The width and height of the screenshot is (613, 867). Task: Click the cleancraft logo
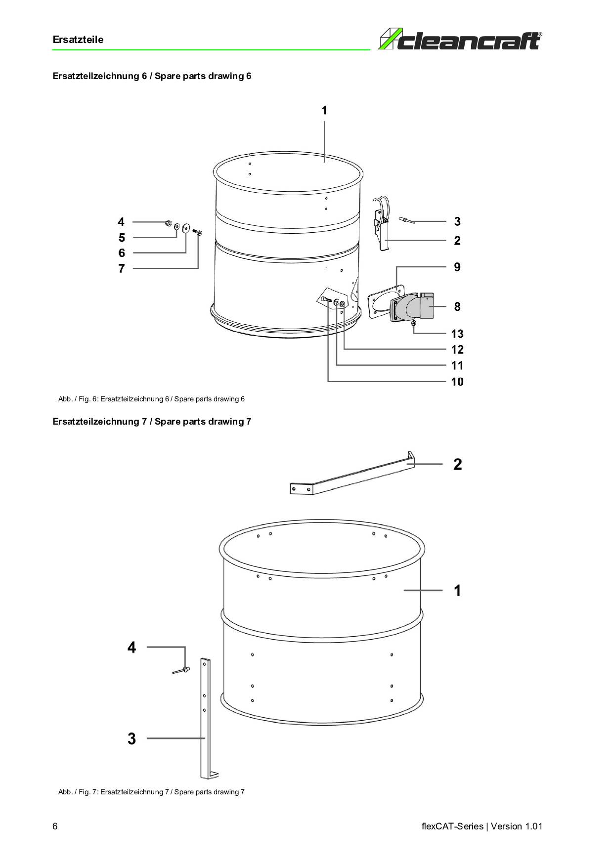pyautogui.click(x=460, y=40)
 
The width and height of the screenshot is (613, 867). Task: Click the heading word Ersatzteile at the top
pyautogui.click(x=78, y=40)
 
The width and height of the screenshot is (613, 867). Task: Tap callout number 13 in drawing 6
pyautogui.click(x=457, y=334)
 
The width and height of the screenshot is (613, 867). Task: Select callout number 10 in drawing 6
pyautogui.click(x=457, y=382)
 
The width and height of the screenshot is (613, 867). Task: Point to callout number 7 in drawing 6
pyautogui.click(x=122, y=268)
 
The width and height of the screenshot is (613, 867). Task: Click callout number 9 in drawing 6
pyautogui.click(x=457, y=267)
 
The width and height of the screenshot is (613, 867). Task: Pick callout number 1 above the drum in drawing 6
pyautogui.click(x=324, y=110)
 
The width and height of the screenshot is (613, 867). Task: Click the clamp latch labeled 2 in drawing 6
pyautogui.click(x=381, y=223)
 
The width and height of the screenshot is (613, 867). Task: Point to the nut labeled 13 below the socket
pyautogui.click(x=414, y=323)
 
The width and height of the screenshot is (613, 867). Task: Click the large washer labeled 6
pyautogui.click(x=186, y=227)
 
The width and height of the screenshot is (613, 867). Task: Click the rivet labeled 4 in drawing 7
pyautogui.click(x=181, y=671)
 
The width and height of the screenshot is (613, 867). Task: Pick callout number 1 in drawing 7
pyautogui.click(x=458, y=590)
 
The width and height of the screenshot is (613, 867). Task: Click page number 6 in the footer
pyautogui.click(x=55, y=826)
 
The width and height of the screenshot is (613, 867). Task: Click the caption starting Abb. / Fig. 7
pyautogui.click(x=151, y=792)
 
